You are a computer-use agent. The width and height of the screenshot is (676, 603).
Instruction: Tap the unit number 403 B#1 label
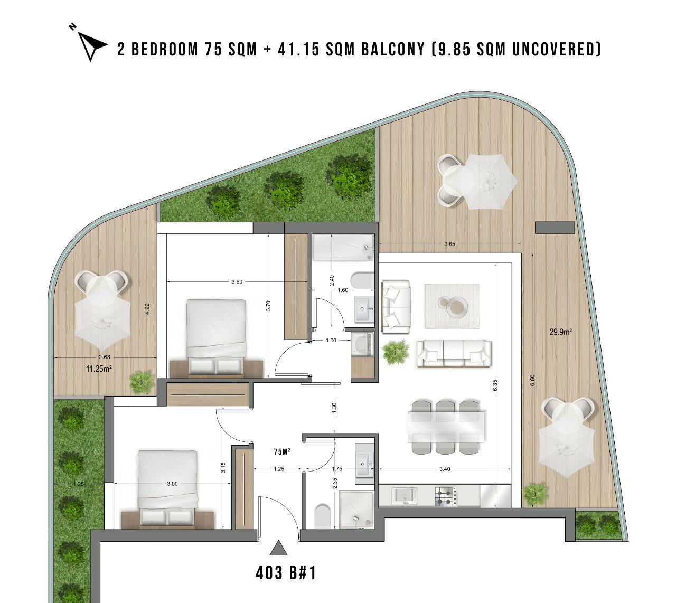pos(286,573)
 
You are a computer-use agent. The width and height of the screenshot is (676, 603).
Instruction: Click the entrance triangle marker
pos(278,548)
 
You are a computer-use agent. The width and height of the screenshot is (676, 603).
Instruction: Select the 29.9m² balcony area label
pos(560,332)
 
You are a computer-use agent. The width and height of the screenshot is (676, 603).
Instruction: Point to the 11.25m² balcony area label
pos(99,369)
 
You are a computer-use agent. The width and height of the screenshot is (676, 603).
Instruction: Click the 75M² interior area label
pos(282,451)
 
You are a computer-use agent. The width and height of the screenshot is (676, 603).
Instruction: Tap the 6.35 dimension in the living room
pos(495,385)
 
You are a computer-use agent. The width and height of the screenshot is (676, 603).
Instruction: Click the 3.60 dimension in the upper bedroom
pos(237,282)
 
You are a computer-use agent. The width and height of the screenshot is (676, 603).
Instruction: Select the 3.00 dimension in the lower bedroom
pos(172,484)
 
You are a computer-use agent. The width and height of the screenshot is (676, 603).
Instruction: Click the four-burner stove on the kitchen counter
pos(445,496)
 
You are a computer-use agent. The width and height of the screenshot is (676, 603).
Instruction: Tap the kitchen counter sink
pos(403,496)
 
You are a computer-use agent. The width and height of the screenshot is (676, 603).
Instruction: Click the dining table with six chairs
pos(446,428)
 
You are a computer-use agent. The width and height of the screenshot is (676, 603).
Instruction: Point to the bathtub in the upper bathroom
pos(343,248)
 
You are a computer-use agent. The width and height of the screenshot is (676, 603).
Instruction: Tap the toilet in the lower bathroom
pos(322,516)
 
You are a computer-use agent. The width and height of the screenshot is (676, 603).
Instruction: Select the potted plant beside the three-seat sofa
pos(396,352)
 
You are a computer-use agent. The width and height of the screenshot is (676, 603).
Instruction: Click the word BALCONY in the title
pos(393,50)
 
